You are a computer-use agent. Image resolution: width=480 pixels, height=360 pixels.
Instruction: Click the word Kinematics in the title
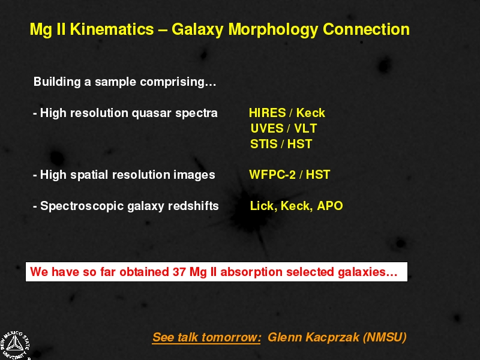pos(112,29)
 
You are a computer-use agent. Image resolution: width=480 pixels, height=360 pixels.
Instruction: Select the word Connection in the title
pos(366,29)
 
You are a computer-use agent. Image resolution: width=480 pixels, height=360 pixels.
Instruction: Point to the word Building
pos(57,82)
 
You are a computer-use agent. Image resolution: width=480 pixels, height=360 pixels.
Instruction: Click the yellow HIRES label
pos(267,113)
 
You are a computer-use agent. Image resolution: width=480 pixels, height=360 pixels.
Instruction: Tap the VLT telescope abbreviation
pos(305,128)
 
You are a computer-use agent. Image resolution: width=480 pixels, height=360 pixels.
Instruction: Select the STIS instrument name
pos(264,144)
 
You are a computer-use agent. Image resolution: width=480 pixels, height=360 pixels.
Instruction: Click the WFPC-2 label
pos(272,175)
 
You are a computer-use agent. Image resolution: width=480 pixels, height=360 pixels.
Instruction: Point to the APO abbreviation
pos(330,206)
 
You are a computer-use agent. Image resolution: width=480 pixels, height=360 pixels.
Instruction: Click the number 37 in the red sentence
pos(179,272)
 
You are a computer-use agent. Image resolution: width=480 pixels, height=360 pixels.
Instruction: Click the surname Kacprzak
pos(332,337)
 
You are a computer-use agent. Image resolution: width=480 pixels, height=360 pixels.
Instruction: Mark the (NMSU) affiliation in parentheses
pos(385,337)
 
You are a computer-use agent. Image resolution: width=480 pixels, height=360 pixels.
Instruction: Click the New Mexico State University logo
pos(14,346)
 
